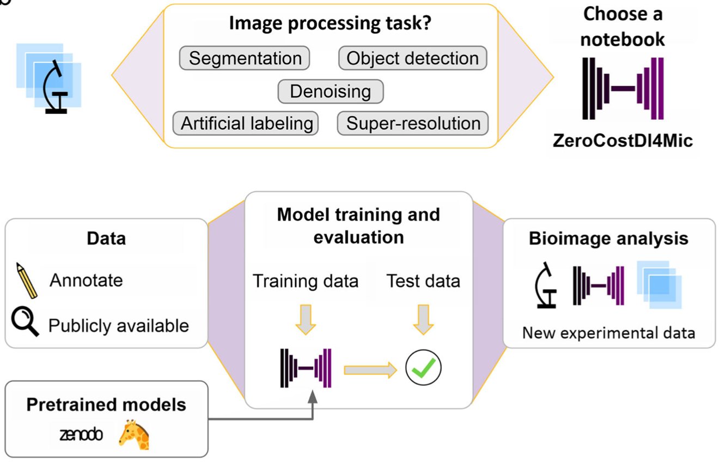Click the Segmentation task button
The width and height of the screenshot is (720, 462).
(245, 58)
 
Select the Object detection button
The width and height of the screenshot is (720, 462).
(413, 58)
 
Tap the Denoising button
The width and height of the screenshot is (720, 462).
(331, 92)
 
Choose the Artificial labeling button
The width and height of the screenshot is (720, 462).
(246, 124)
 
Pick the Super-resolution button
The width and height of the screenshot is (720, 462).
(413, 124)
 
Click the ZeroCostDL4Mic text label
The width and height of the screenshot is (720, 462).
(623, 141)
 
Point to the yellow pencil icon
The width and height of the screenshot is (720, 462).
(27, 281)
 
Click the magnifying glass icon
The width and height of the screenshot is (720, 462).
(25, 322)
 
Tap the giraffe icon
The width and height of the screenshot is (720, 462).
(134, 434)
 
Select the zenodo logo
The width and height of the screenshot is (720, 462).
(81, 435)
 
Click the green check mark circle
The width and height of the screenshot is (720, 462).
(423, 368)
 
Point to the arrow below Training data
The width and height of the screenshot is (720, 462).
(306, 320)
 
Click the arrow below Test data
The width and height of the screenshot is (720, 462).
(423, 320)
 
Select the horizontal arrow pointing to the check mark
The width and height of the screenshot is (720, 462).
(370, 370)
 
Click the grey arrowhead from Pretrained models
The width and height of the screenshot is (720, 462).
(313, 397)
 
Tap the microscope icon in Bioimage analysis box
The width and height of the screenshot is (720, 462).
(546, 285)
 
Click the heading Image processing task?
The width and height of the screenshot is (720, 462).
(330, 23)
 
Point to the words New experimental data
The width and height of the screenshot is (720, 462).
(608, 333)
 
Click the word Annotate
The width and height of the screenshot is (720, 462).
(86, 281)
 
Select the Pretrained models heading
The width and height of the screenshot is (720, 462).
(106, 405)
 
